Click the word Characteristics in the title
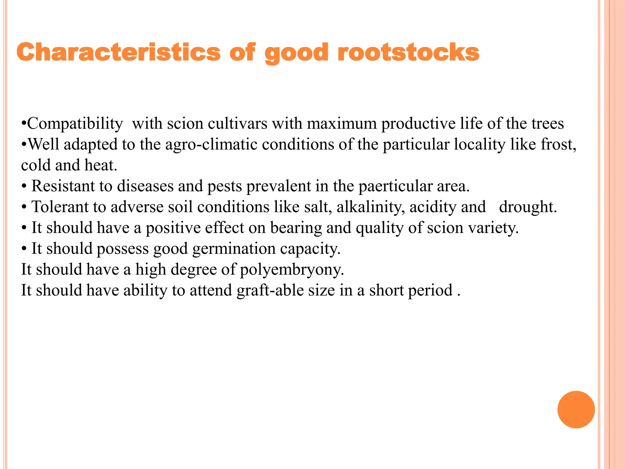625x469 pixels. pyautogui.click(x=118, y=52)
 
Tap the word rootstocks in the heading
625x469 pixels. pyautogui.click(x=408, y=52)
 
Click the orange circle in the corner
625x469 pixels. pyautogui.click(x=576, y=409)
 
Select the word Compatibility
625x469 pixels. pyautogui.click(x=75, y=124)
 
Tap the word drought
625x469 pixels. pyautogui.click(x=528, y=207)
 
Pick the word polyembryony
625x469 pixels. pyautogui.click(x=292, y=270)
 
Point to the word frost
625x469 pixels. pyautogui.click(x=558, y=144)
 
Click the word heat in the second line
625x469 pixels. pyautogui.click(x=100, y=165)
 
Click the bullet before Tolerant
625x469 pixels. pyautogui.click(x=24, y=207)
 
